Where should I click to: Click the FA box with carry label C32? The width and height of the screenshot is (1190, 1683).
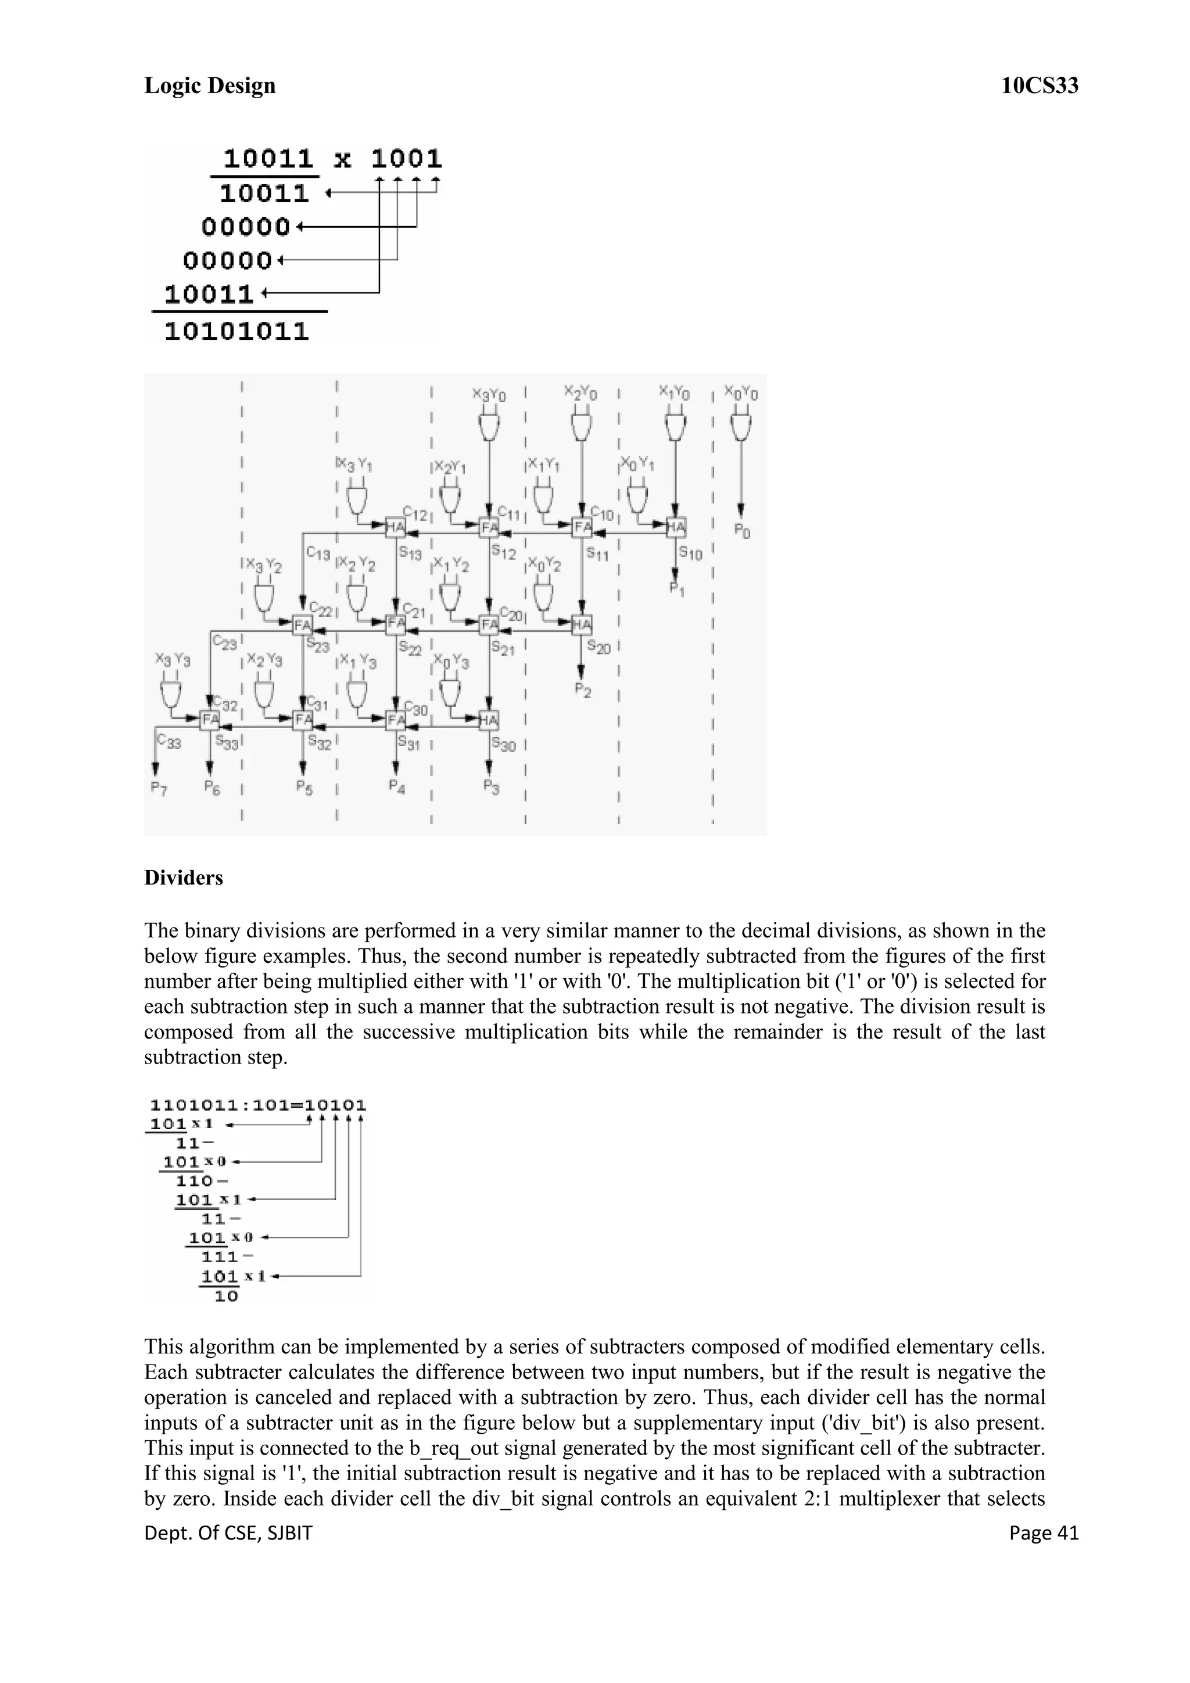(x=210, y=720)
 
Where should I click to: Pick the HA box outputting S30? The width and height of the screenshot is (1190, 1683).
(x=489, y=720)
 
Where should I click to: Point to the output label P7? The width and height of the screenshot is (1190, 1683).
(x=157, y=787)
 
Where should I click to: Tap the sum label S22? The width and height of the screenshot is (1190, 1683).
(x=410, y=648)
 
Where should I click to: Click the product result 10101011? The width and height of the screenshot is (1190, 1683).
(x=236, y=331)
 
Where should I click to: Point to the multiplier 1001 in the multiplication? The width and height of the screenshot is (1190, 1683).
(x=406, y=158)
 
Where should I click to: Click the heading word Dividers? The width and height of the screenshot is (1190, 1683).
(x=183, y=878)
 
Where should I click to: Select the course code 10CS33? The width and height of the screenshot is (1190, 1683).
(x=1039, y=87)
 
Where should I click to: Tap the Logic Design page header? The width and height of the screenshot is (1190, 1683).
(x=210, y=86)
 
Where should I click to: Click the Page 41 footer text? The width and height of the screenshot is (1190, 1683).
(x=1044, y=1534)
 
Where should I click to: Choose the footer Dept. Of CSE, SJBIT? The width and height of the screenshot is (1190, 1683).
(x=228, y=1534)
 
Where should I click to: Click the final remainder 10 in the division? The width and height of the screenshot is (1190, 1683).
(x=227, y=1297)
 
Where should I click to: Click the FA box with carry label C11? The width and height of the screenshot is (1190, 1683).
(x=489, y=527)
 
